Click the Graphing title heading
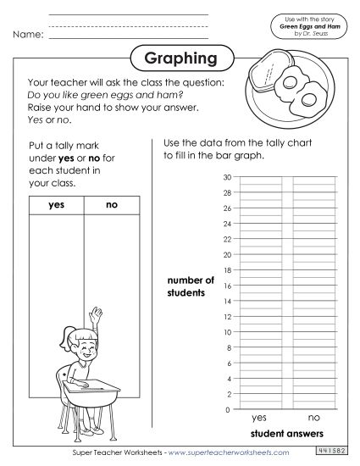(x=180, y=59)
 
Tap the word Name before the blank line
(x=28, y=35)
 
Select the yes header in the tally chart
(x=57, y=204)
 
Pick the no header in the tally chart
(x=112, y=204)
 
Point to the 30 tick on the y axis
(x=226, y=177)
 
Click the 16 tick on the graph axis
(x=226, y=286)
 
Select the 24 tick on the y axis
(x=226, y=224)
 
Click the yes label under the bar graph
(x=259, y=418)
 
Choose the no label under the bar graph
(x=313, y=418)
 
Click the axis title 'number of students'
(x=191, y=286)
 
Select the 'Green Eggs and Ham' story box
(x=311, y=26)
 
